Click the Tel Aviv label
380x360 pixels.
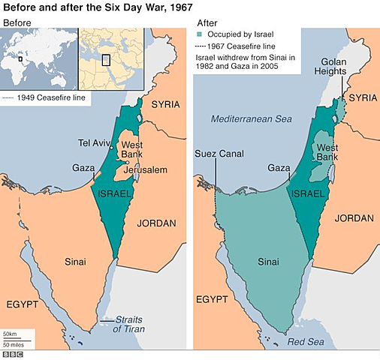coord(93,142)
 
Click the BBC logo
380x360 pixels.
coord(13,353)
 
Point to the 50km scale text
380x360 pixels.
coord(11,332)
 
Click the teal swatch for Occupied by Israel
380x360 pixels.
coord(199,35)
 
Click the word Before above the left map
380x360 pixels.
coord(18,22)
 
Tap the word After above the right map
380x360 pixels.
coord(206,22)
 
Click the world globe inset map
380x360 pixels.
coord(38,58)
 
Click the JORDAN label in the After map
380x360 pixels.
coord(354,218)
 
